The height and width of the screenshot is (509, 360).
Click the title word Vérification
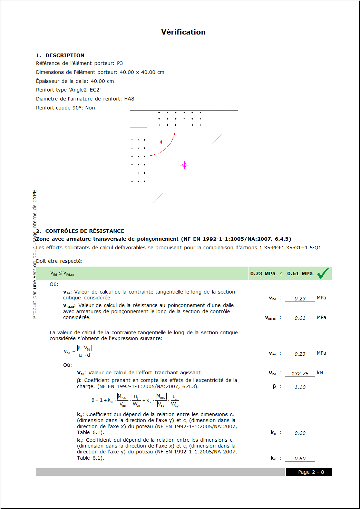coord(183,32)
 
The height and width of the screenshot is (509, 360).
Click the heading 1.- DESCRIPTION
coord(60,55)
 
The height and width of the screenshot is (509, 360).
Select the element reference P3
coord(120,63)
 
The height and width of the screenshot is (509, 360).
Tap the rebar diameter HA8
coord(129,99)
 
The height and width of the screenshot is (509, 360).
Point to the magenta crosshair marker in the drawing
coord(184,165)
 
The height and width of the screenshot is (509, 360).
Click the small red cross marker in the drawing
coord(161,142)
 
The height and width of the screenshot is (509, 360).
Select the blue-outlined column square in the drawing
coord(138,119)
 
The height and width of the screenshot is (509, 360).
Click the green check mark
coord(323,273)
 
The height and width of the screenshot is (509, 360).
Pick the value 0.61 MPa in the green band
coord(300,273)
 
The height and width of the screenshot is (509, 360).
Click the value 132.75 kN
coord(300,374)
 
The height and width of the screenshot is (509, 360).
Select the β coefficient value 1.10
coord(300,387)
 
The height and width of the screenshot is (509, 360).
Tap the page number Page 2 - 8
coord(311,472)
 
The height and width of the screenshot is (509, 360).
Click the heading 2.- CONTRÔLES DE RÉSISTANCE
coord(80,231)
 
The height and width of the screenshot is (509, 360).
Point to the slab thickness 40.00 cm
coord(102,81)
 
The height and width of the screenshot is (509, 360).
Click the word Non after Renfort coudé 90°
coord(90,108)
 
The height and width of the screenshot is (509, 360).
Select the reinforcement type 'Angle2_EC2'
coord(85,90)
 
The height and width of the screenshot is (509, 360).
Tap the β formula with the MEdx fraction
coord(135,400)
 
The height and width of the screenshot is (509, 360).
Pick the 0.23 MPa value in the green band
coord(263,273)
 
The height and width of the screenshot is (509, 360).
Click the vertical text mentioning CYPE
coord(35,254)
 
